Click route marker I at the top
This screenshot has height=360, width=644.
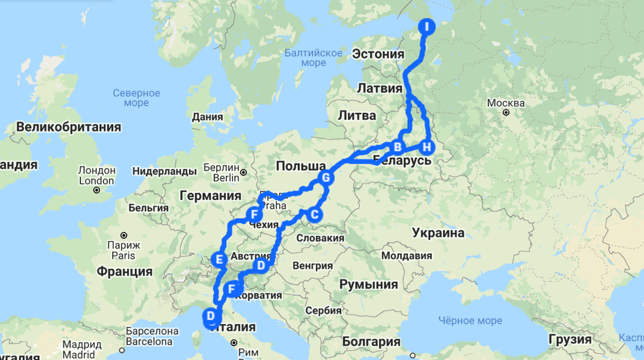[x=427, y=27]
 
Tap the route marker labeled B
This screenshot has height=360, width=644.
[x=398, y=146]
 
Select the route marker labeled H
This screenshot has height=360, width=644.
[x=427, y=146]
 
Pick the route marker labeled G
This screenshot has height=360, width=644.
[x=325, y=178]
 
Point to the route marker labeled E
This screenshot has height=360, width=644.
[x=218, y=259]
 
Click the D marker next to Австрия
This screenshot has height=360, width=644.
[x=261, y=265]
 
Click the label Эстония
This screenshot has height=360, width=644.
[x=378, y=54]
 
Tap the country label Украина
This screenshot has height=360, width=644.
[x=438, y=233]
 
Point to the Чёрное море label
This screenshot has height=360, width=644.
[x=470, y=320]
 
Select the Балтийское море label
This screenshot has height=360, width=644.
[x=313, y=57]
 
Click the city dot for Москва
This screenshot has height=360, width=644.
[x=506, y=113]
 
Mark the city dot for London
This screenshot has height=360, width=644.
[x=97, y=190]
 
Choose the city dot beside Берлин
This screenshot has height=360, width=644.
[x=243, y=173]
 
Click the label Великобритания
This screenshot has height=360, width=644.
[x=69, y=127]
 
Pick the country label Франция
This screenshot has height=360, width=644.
[x=125, y=271]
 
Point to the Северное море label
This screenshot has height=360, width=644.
[x=136, y=98]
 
